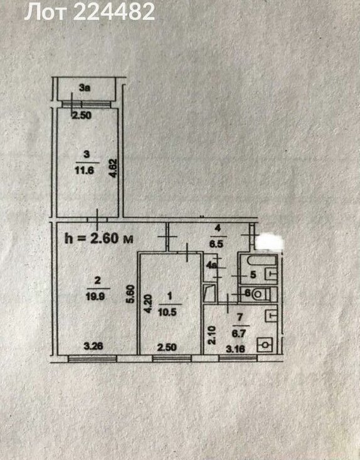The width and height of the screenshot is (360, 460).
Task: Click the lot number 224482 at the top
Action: pyautogui.click(x=114, y=12)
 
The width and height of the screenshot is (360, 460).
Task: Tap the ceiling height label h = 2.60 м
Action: pyautogui.click(x=99, y=238)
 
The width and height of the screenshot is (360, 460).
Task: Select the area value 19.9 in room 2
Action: pyautogui.click(x=95, y=296)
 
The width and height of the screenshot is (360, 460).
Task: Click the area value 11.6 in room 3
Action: pyautogui.click(x=85, y=170)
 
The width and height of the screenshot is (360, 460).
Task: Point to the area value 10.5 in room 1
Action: pyautogui.click(x=167, y=312)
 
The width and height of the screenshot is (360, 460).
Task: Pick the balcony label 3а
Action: pyautogui.click(x=85, y=87)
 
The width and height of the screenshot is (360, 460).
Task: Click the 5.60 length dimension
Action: pyautogui.click(x=131, y=294)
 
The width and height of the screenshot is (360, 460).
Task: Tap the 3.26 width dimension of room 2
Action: pyautogui.click(x=93, y=346)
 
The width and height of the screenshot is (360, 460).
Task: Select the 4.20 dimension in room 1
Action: pyautogui.click(x=148, y=304)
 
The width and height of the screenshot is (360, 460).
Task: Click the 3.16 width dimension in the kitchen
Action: pyautogui.click(x=236, y=349)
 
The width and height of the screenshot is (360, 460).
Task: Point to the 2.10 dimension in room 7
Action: pyautogui.click(x=212, y=335)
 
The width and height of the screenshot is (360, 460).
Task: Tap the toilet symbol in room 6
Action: pyautogui.click(x=261, y=294)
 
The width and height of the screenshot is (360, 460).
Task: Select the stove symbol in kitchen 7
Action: pyautogui.click(x=265, y=345)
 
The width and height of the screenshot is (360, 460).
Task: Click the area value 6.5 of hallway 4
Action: pyautogui.click(x=216, y=244)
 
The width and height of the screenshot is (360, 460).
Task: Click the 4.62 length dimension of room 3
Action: pyautogui.click(x=113, y=168)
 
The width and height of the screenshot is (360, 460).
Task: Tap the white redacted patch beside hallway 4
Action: pyautogui.click(x=270, y=241)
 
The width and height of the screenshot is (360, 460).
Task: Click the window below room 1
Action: pyautogui.click(x=172, y=358)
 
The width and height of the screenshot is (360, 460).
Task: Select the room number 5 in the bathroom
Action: pyautogui.click(x=253, y=275)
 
